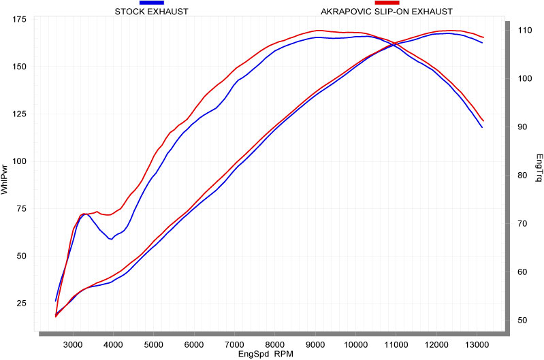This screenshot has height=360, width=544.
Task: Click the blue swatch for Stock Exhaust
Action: click(151, 3)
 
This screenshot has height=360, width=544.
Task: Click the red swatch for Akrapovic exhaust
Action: click(386, 3)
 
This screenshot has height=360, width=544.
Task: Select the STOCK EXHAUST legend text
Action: click(151, 12)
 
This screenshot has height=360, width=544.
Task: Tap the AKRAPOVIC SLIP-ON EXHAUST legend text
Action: click(386, 12)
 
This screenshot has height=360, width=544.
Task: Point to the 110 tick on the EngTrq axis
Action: click(524, 31)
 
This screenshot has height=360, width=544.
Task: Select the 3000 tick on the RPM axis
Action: click(73, 344)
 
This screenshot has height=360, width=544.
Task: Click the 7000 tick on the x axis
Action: click(235, 344)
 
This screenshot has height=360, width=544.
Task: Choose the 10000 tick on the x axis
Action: click(356, 344)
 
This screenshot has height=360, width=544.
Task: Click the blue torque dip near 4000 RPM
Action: click(111, 239)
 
